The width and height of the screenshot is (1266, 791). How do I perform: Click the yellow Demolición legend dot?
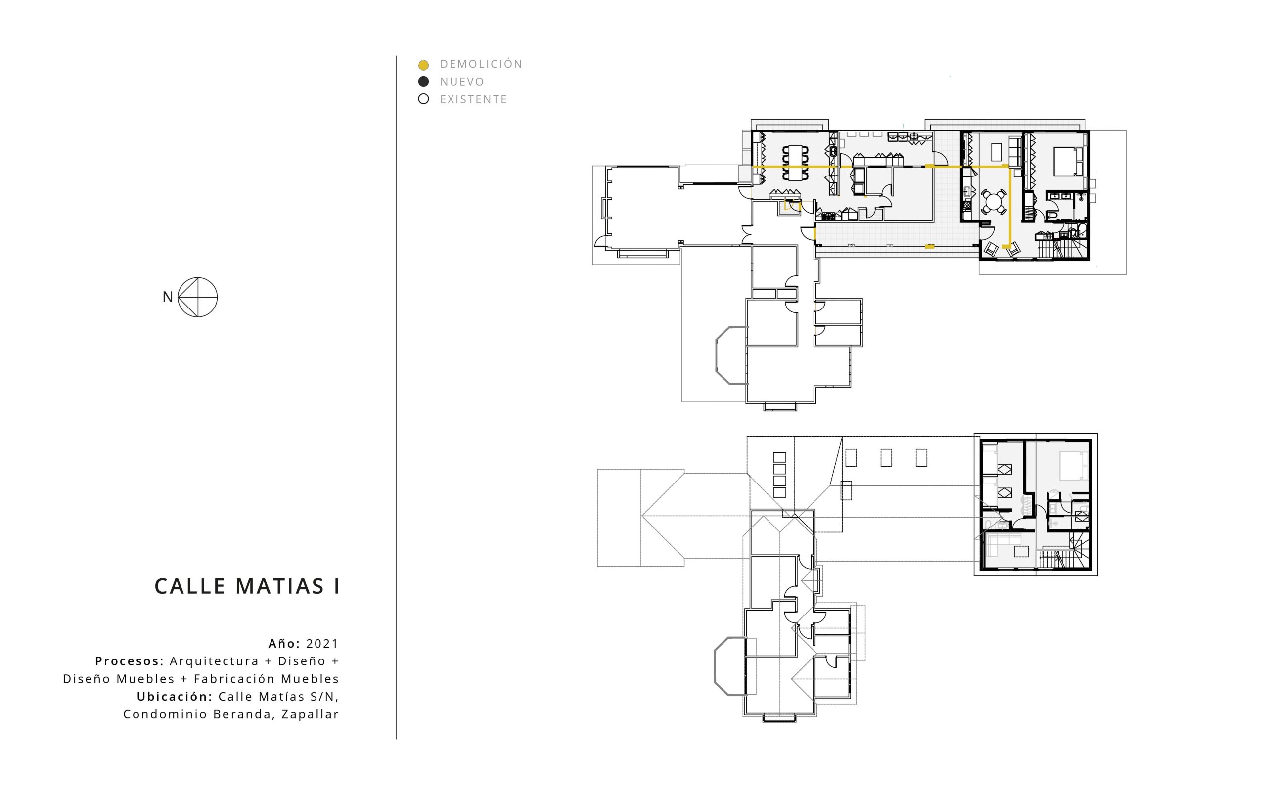point(423,65)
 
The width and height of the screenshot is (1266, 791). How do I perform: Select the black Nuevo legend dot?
point(423,82)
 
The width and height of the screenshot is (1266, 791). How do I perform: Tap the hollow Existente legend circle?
point(423,99)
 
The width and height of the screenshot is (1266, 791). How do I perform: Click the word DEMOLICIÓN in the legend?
point(481,64)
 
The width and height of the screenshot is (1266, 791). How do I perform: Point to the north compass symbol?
point(197,297)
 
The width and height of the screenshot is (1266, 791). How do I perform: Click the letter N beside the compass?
point(168,297)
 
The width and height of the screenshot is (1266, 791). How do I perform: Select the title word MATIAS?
point(280,586)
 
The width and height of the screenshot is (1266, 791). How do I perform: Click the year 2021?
point(322,644)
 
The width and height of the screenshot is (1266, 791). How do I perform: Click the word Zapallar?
point(310,715)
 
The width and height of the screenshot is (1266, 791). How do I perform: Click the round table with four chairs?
point(994,201)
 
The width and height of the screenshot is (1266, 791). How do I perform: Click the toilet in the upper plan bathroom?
point(1053,216)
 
